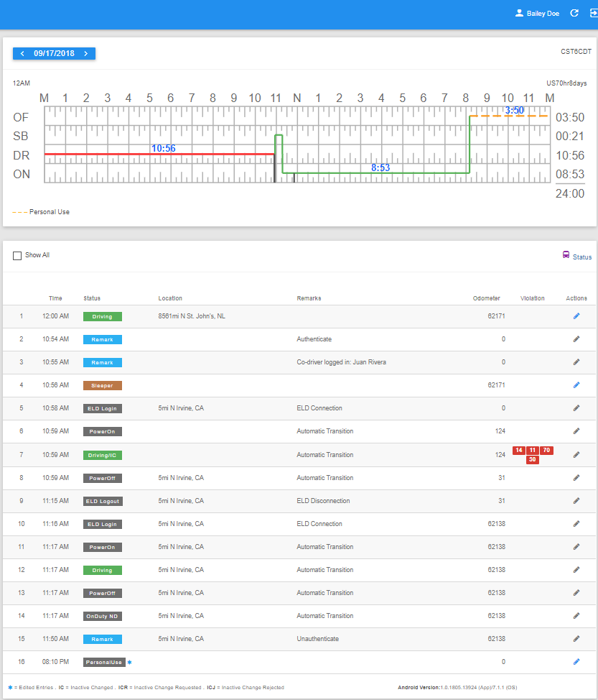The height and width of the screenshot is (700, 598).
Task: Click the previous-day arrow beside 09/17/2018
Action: point(22,54)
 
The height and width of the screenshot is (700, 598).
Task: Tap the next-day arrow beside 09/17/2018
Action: point(86,54)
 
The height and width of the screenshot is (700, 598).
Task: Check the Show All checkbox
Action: point(17,256)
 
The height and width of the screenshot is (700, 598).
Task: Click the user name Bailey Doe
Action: point(543,14)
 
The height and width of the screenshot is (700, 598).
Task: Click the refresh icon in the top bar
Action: point(574,13)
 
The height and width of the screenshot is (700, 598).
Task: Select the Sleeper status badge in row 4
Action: point(102,386)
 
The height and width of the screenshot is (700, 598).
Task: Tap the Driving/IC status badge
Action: point(102,456)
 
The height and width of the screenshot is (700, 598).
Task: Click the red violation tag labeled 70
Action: point(547,450)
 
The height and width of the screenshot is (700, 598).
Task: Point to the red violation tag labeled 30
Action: point(533,459)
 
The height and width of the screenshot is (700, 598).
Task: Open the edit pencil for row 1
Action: point(576,316)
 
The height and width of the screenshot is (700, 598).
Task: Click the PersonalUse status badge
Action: point(104,663)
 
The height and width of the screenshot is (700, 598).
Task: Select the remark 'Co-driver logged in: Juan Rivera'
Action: point(342,362)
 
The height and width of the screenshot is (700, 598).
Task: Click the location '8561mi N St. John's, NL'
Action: point(192,316)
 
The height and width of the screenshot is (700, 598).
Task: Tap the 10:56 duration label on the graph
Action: point(163,148)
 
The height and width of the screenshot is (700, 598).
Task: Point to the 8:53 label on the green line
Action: point(380,167)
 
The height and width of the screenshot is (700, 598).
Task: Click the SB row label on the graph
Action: point(21,136)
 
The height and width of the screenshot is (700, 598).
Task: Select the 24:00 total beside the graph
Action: point(570,194)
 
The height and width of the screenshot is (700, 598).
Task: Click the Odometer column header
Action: point(487,298)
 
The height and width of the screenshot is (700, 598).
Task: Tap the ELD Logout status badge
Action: point(103,502)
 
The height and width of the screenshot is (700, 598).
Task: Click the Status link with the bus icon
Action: point(577,257)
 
